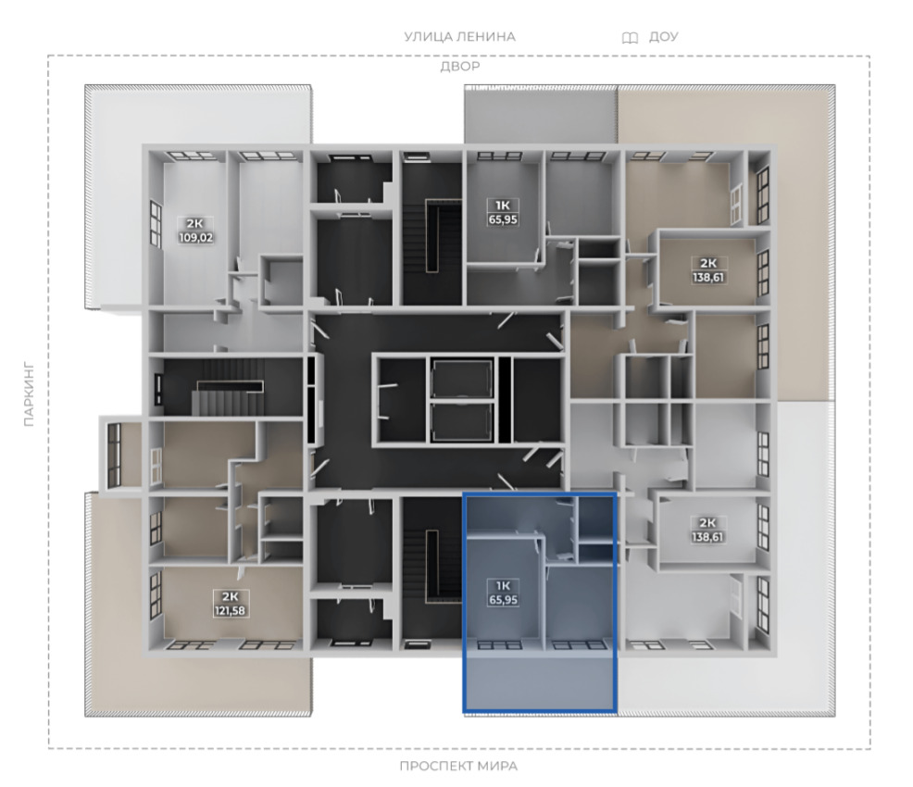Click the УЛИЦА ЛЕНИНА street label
[460, 37]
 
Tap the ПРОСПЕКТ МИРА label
[458, 766]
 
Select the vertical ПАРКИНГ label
[29, 395]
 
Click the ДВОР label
[460, 67]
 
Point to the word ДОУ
[663, 37]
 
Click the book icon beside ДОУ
[630, 38]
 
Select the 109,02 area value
[196, 238]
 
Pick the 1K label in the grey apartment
[503, 206]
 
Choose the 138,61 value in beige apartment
[708, 278]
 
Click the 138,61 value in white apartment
[707, 537]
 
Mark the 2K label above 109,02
[195, 223]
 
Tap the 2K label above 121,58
[231, 597]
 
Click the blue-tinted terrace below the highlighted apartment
[540, 682]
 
